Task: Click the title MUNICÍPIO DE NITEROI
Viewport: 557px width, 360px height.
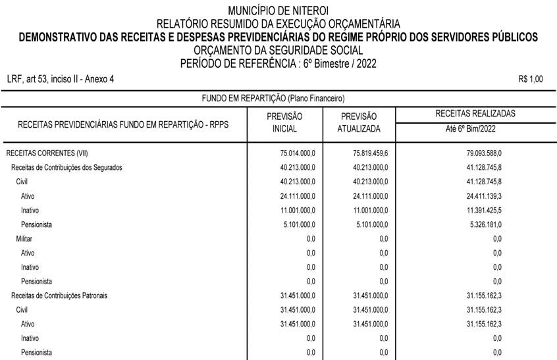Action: (x=278, y=11)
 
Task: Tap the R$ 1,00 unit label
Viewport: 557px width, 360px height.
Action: (x=531, y=79)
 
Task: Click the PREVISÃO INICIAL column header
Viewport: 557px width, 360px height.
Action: (x=284, y=122)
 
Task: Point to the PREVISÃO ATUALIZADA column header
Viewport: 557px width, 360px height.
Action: (x=359, y=122)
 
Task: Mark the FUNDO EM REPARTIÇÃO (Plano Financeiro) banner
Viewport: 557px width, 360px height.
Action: (x=273, y=99)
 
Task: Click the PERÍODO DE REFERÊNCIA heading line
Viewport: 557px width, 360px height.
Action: (x=278, y=63)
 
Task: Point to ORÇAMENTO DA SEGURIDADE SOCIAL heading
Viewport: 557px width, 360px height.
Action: (x=278, y=50)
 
